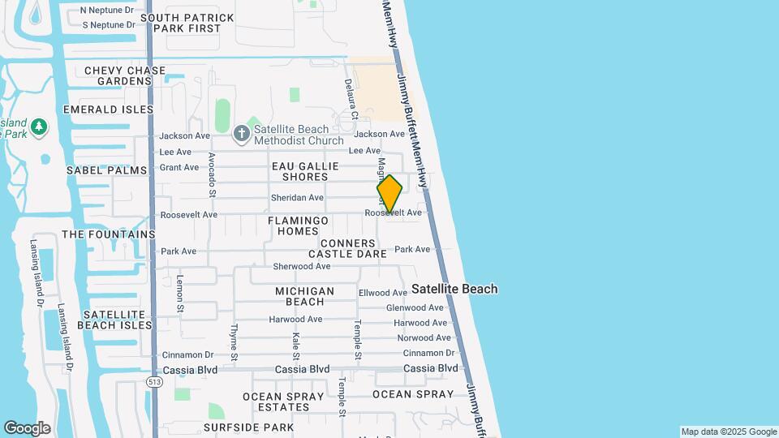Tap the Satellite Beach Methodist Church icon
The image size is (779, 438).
[242, 133]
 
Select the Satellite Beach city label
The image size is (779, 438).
[454, 289]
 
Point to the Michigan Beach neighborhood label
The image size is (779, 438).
[304, 296]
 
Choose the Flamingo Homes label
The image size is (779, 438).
[298, 225]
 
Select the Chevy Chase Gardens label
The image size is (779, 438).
[125, 75]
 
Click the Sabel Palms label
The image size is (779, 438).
[106, 170]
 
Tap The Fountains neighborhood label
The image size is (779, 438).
[108, 234]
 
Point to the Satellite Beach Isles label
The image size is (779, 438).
[114, 320]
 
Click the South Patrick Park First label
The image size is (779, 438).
[187, 23]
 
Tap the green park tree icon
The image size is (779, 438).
[39, 127]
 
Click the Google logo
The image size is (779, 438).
[27, 428]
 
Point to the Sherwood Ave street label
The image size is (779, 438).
[302, 266]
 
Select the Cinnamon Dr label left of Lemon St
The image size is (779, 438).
[187, 354]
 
